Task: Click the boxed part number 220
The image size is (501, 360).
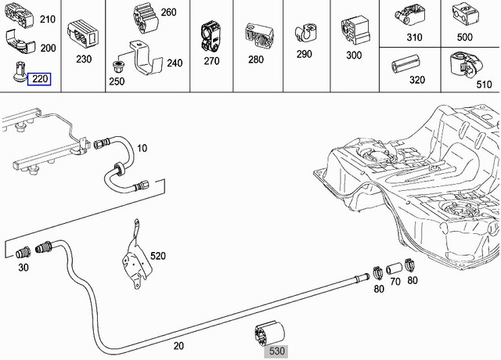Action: coord(39,78)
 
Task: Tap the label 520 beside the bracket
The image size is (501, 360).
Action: coord(158,256)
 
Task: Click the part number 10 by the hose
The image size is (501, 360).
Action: coord(142,147)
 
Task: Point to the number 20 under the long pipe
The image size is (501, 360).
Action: coord(178,344)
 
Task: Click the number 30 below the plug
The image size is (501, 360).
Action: coord(23,268)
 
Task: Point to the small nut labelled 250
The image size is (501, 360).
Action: coord(119,63)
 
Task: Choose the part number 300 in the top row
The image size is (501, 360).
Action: coord(353,56)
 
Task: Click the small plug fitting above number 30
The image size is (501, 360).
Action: coord(24,252)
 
